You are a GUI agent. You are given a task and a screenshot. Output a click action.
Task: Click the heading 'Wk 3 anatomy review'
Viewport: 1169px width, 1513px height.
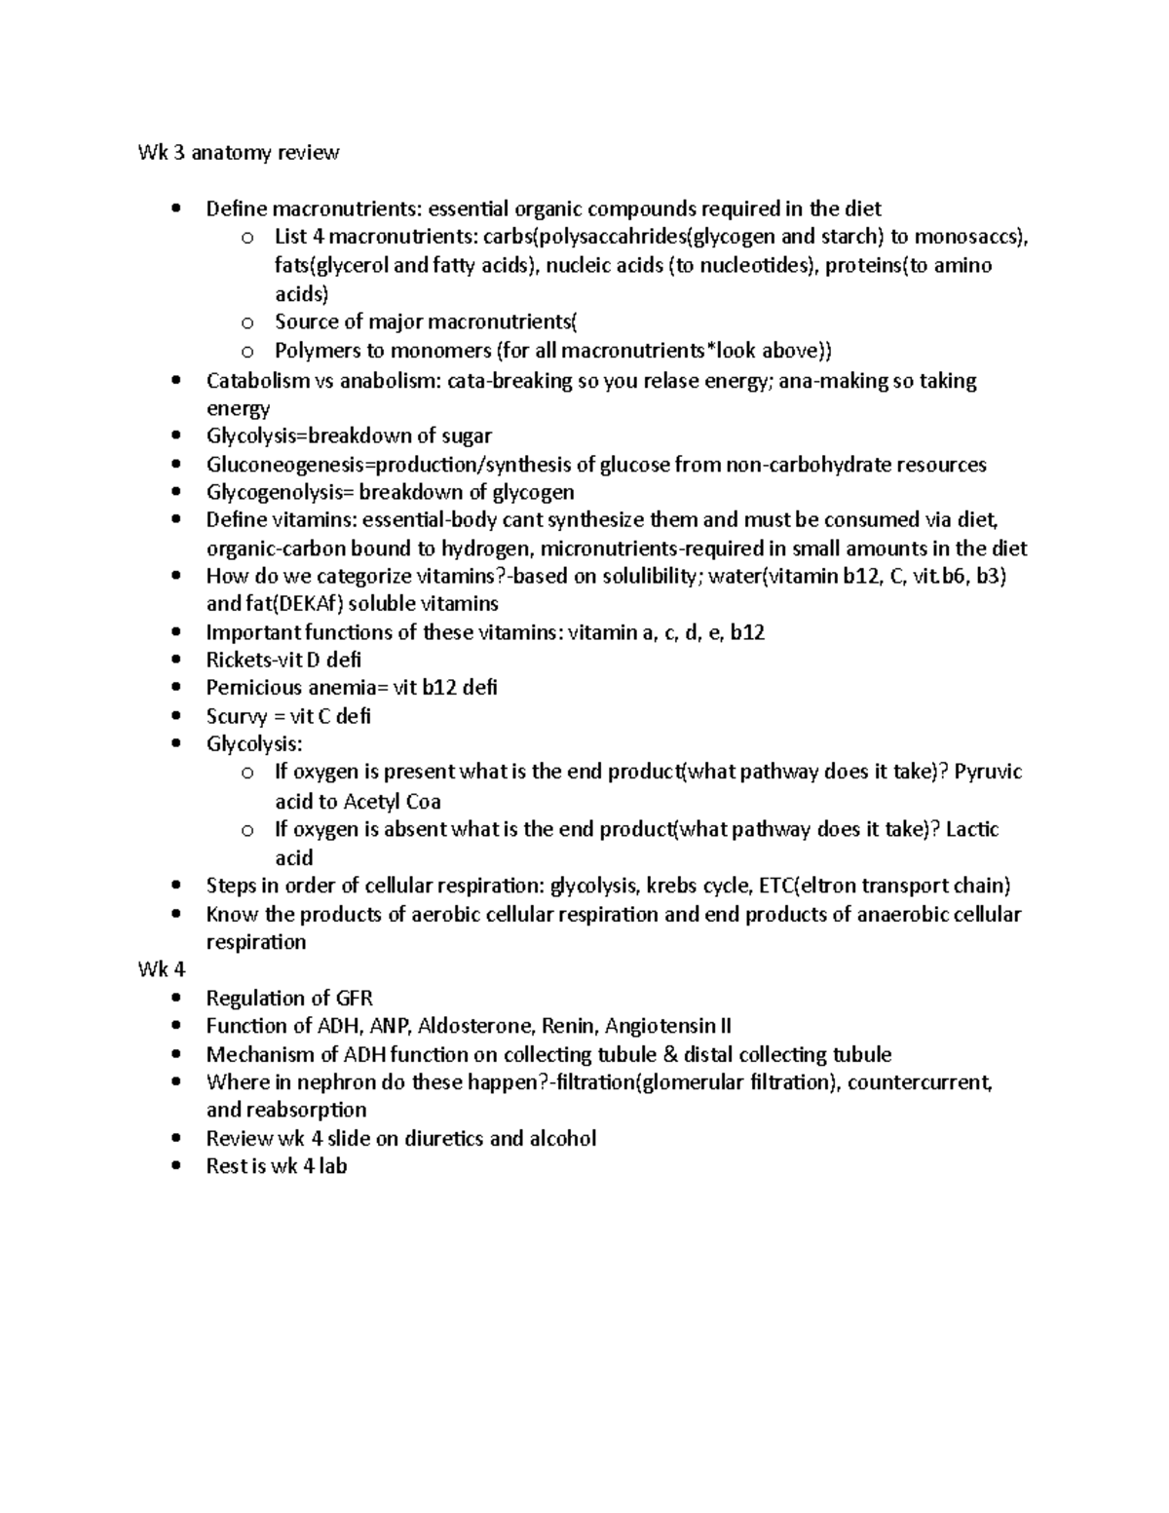(238, 152)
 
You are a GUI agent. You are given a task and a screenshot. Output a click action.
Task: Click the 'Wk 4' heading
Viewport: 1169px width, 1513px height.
(161, 969)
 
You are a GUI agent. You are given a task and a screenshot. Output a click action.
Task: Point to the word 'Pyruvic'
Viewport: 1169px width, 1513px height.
(988, 773)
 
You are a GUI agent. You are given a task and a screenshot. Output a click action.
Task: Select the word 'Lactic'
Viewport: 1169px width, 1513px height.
(972, 829)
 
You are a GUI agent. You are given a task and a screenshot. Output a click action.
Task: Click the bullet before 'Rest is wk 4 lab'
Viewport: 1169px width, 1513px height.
(175, 1166)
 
